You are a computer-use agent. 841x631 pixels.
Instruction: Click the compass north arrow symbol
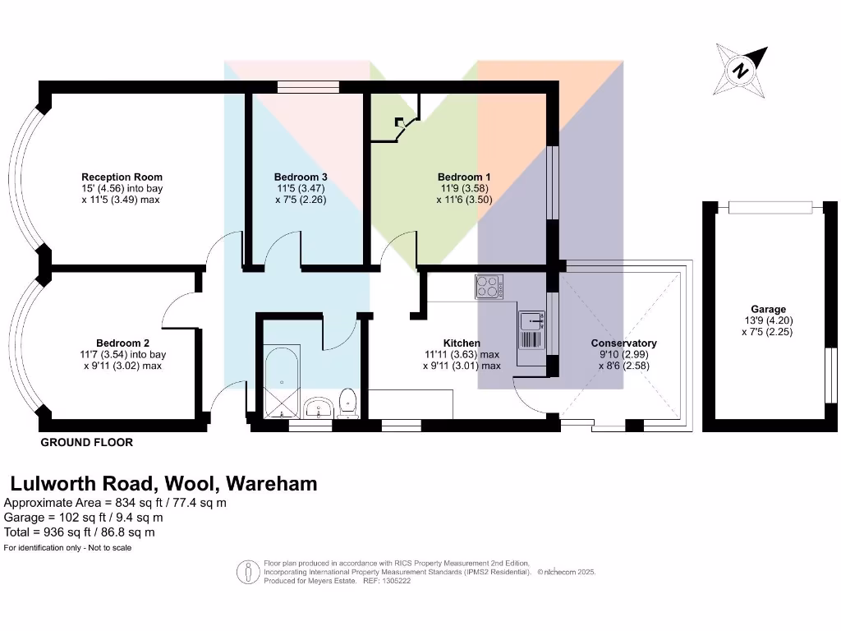[x=741, y=70]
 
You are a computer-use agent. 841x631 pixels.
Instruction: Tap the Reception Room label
[x=122, y=177]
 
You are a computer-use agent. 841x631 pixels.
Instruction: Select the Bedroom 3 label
[x=301, y=177]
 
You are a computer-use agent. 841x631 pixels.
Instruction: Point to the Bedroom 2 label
[x=122, y=343]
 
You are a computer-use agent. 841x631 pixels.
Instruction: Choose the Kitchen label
[x=462, y=343]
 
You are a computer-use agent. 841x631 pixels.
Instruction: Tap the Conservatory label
[x=624, y=343]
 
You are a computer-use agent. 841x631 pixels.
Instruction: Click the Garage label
[x=767, y=310]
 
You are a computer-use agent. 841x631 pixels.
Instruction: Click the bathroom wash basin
[x=317, y=406]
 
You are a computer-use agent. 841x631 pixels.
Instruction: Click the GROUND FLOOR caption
[x=87, y=442]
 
